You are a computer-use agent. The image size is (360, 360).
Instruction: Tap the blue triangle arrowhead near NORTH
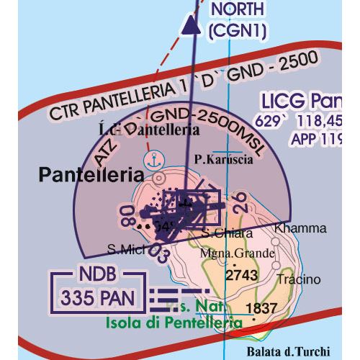(190, 26)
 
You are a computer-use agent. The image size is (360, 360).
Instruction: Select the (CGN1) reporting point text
(236, 30)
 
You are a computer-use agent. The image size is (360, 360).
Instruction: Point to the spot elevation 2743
(240, 275)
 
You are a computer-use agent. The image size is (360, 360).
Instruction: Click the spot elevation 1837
(261, 308)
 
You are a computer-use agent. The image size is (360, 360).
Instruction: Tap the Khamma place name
(300, 228)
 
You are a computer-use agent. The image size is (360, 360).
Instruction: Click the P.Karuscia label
(222, 160)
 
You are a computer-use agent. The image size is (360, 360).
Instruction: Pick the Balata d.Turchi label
(287, 351)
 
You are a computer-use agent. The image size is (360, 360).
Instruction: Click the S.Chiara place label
(227, 233)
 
